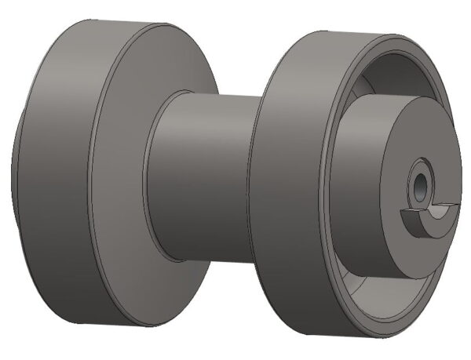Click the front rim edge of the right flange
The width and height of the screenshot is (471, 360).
click(x=326, y=188)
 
